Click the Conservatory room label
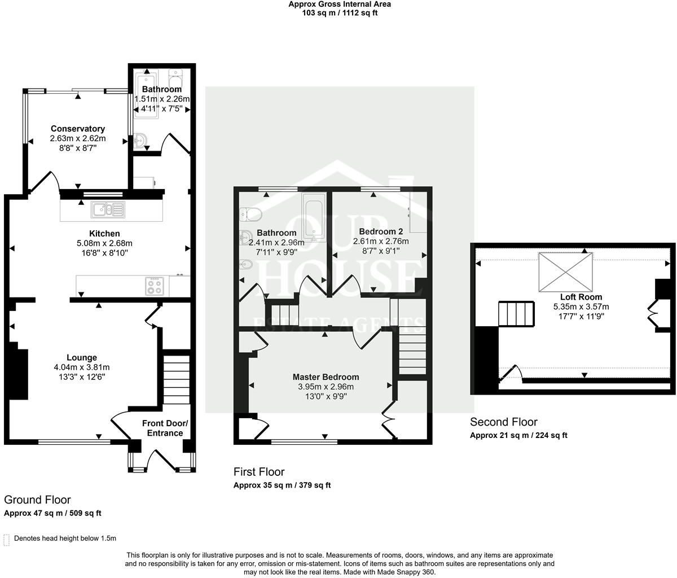(x=78, y=129)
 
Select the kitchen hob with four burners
(x=155, y=286)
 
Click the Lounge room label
(x=82, y=357)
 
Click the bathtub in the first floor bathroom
(x=312, y=218)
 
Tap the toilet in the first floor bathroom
(x=250, y=214)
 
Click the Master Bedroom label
(x=326, y=377)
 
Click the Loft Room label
(x=581, y=297)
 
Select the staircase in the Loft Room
(x=516, y=314)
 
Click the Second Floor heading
(x=504, y=422)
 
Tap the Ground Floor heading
(x=37, y=500)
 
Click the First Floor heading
(x=259, y=472)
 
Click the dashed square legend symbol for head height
(x=7, y=539)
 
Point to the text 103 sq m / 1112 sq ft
(x=340, y=13)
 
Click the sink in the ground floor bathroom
(x=140, y=139)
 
